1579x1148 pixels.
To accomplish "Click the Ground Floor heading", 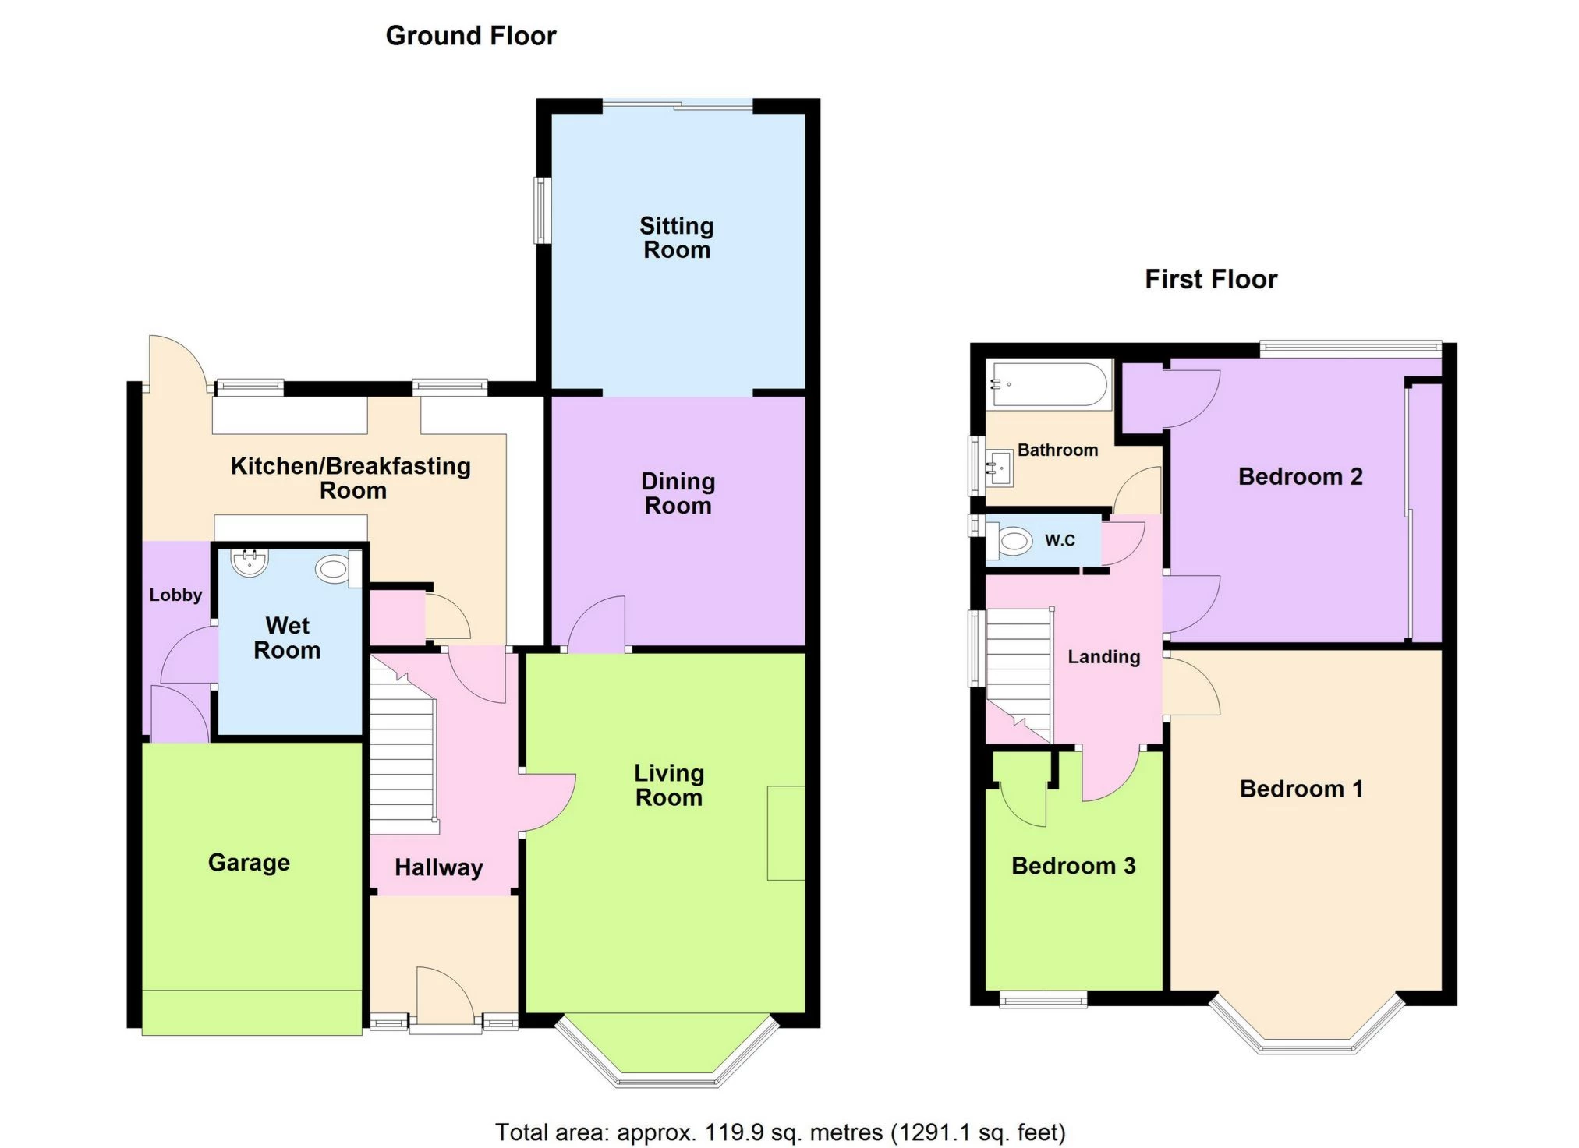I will click(470, 36).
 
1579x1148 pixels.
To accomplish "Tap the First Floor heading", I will click(1210, 279).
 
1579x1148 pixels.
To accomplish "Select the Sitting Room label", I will click(676, 238).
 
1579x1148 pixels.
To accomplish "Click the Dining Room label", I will click(678, 493).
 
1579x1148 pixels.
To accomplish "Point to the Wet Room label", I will click(287, 638).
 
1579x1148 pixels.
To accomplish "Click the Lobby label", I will click(175, 595).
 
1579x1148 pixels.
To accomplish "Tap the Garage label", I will click(249, 863).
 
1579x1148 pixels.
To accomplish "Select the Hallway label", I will click(438, 867).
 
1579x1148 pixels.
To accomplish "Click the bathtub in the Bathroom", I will click(1047, 384).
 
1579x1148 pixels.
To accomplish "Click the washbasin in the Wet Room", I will click(250, 563).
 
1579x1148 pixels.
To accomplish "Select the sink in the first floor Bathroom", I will click(999, 468).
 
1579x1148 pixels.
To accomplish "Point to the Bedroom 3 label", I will click(1073, 866).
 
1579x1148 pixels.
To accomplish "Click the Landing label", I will click(1103, 657).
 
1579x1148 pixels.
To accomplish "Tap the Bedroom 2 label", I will click(1300, 476).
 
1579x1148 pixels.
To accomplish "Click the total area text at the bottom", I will click(780, 1132).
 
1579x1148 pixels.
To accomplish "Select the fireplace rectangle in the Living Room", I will click(785, 833).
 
